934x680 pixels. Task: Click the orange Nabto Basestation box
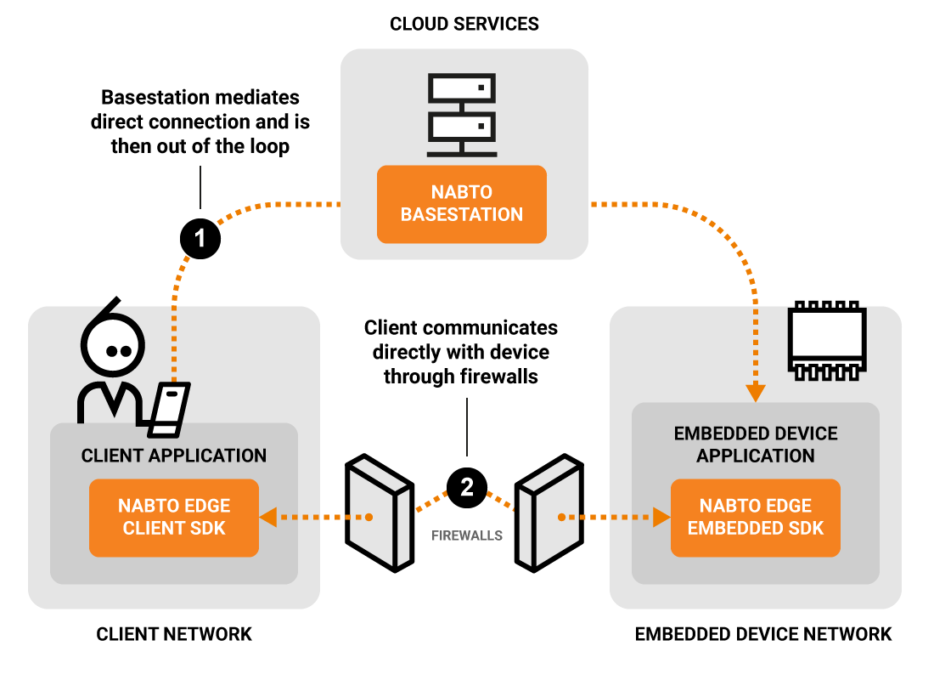tap(462, 204)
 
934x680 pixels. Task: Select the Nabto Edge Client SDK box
tap(174, 518)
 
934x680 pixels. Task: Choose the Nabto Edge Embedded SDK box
tap(756, 518)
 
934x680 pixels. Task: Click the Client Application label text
tap(174, 456)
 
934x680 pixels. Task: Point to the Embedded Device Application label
tap(756, 445)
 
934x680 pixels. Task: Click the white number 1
tap(200, 239)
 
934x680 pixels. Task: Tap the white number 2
tap(467, 487)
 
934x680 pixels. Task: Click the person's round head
tap(113, 347)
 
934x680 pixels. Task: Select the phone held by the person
tap(170, 405)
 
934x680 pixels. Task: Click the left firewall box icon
tap(380, 513)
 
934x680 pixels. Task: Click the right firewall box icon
tap(549, 513)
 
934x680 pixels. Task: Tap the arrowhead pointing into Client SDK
tap(267, 517)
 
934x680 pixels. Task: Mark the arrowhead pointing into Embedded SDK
tap(662, 517)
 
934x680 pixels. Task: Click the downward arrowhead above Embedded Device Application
tap(756, 393)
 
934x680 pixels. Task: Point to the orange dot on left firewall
tap(369, 517)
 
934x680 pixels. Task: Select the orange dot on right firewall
tap(561, 517)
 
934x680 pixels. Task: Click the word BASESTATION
tap(462, 215)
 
